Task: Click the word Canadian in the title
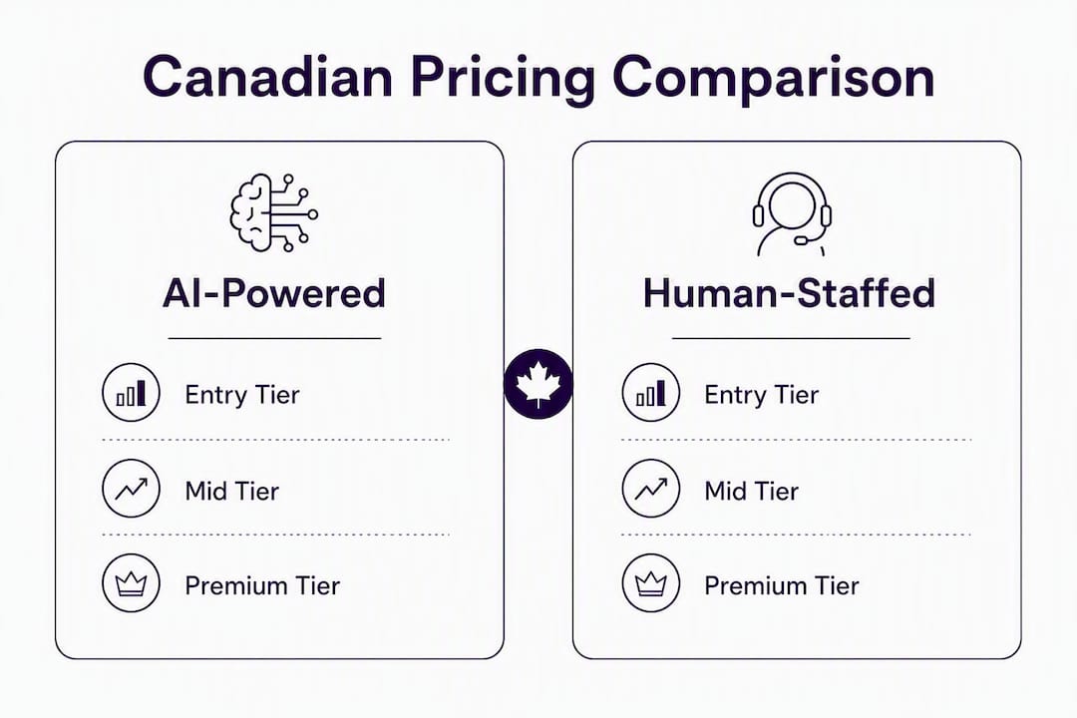tap(268, 76)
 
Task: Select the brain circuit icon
tap(273, 212)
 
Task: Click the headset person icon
tap(791, 214)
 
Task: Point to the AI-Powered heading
tap(274, 293)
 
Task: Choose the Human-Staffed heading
tap(789, 293)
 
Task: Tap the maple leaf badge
tap(538, 384)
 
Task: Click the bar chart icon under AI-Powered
tap(131, 393)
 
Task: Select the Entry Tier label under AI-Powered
tap(242, 395)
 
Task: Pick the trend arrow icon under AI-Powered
tap(131, 489)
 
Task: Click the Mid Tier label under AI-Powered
tap(232, 492)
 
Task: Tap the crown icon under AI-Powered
tap(131, 583)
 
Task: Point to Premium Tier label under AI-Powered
tap(262, 586)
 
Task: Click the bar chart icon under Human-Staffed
tap(650, 393)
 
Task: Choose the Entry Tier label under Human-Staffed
tap(762, 395)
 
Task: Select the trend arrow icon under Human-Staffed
tap(650, 489)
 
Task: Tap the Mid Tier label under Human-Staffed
tap(752, 492)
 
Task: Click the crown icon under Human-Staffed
tap(650, 583)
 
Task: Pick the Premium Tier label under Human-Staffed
tap(782, 586)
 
